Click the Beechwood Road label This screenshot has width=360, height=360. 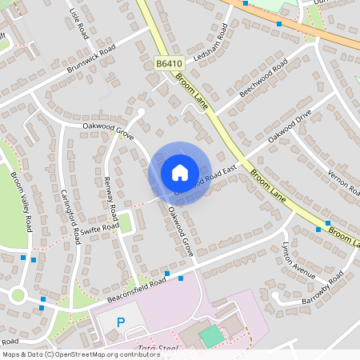pos(262,81)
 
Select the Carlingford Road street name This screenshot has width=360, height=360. pos(70,216)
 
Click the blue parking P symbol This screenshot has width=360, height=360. pos(122,322)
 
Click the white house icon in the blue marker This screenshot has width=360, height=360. pos(179,172)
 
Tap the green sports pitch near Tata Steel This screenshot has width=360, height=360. pos(210,336)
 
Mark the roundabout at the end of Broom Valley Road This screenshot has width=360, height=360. pos(18,295)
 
